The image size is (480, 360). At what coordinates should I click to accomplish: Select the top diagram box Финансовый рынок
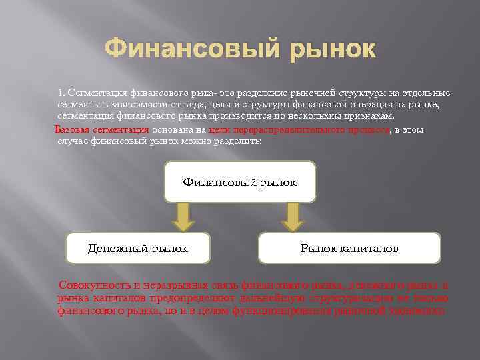point(240,182)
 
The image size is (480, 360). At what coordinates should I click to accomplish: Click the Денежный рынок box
point(138,248)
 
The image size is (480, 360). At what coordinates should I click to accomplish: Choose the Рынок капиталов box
point(349,248)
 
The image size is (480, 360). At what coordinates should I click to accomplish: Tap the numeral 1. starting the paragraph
point(61,92)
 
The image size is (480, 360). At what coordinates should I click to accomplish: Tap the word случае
point(74,141)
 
